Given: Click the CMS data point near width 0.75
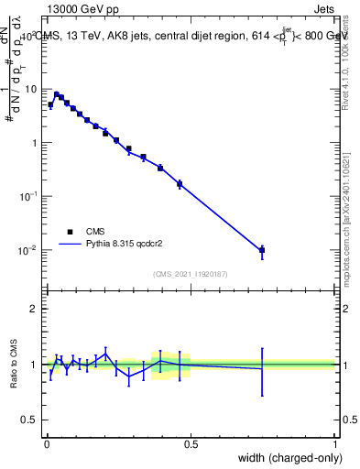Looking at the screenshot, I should tap(262, 249).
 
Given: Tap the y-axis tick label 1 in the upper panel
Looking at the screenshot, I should tap(35, 143).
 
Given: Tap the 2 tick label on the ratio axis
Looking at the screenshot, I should tap(35, 309).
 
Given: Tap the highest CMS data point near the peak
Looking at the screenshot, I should tap(56, 94).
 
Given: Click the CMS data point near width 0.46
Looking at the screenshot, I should tap(180, 184).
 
